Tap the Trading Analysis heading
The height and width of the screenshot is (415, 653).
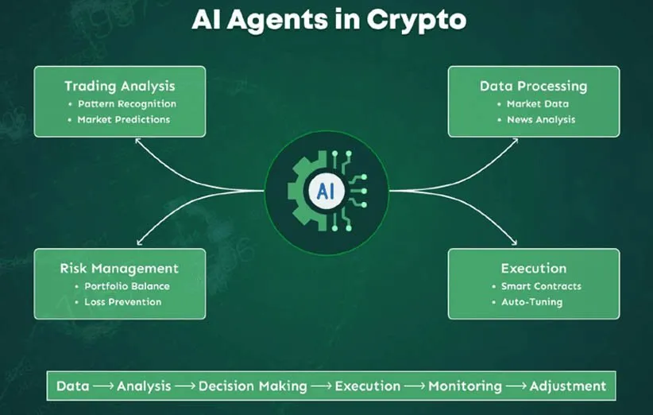pos(120,86)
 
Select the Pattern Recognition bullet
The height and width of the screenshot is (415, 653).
pos(127,104)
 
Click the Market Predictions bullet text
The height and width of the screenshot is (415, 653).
pos(124,120)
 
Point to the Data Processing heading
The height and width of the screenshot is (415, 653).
pos(533,86)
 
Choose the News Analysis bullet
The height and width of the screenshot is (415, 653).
pos(541,120)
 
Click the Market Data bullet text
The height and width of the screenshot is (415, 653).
pos(538,104)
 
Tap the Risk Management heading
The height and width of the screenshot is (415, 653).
pos(119,269)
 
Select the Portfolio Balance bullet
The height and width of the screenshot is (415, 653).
pos(127,286)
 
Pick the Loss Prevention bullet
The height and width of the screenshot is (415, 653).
pos(123,302)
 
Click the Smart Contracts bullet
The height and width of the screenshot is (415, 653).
pos(541,286)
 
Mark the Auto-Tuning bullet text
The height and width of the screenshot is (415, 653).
pos(532,302)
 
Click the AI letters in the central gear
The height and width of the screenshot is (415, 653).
pos(326,191)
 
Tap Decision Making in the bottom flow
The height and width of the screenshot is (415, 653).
pos(253,386)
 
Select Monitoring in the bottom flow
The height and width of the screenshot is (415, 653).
pos(465,386)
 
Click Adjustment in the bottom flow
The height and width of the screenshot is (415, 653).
pos(568,386)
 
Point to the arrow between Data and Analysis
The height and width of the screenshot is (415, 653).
pos(103,386)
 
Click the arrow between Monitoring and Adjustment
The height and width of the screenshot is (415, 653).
pos(516,386)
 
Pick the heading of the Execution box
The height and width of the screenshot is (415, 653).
pos(533,269)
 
